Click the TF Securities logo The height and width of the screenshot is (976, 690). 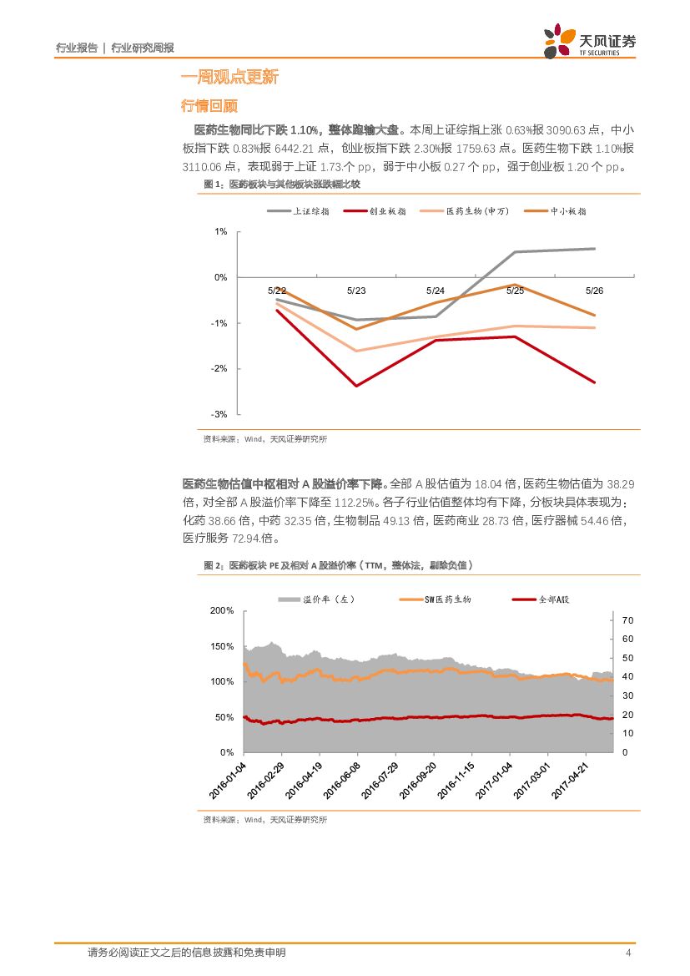click(x=589, y=40)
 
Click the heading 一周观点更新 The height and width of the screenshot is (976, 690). click(x=229, y=78)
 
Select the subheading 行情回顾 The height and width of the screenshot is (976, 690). click(x=209, y=106)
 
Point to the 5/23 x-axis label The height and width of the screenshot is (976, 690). click(x=356, y=291)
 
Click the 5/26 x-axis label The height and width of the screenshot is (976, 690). click(x=594, y=291)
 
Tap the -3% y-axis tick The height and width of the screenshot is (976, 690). click(x=219, y=414)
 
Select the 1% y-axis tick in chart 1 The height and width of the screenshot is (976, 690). click(x=221, y=231)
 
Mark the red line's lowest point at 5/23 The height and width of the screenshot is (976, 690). click(x=356, y=386)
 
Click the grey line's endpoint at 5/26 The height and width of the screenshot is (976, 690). click(x=595, y=249)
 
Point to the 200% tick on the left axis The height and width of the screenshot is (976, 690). click(x=222, y=611)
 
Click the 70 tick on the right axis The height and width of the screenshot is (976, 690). click(x=628, y=620)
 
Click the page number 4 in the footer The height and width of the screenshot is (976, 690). click(x=628, y=953)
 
